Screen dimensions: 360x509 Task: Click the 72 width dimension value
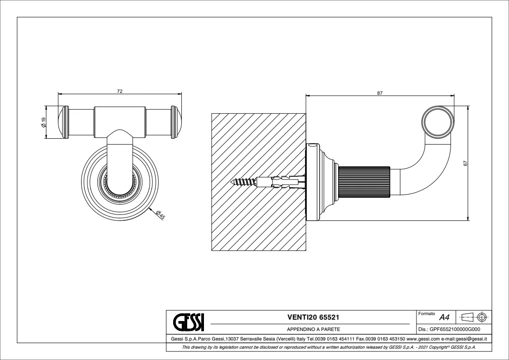point(120,91)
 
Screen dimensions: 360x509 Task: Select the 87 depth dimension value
point(380,93)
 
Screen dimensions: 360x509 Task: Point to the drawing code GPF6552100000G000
point(454,330)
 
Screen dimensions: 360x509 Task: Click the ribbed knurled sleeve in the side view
point(364,182)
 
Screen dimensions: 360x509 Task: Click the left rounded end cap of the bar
point(63,122)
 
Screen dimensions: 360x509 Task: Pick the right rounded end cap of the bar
point(176,122)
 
